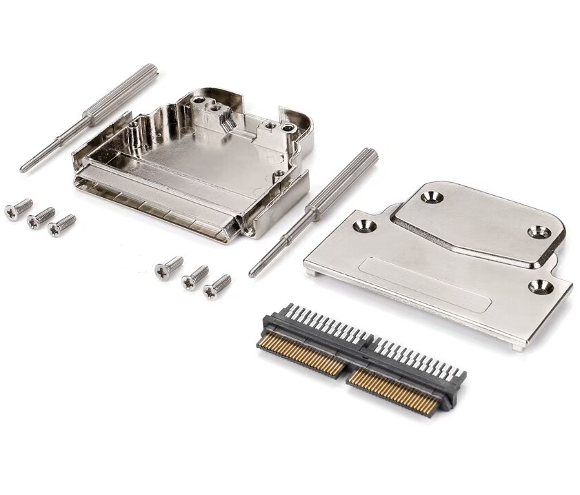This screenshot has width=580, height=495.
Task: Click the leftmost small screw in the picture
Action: pyautogui.click(x=18, y=210)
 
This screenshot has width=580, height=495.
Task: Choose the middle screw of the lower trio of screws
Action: pyautogui.click(x=194, y=278)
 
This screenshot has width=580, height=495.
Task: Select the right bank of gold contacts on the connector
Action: pyautogui.click(x=393, y=394)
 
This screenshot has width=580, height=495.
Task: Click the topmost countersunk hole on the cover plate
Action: pyautogui.click(x=432, y=197)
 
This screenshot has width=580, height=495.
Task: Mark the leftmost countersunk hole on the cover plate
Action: pyautogui.click(x=361, y=225)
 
